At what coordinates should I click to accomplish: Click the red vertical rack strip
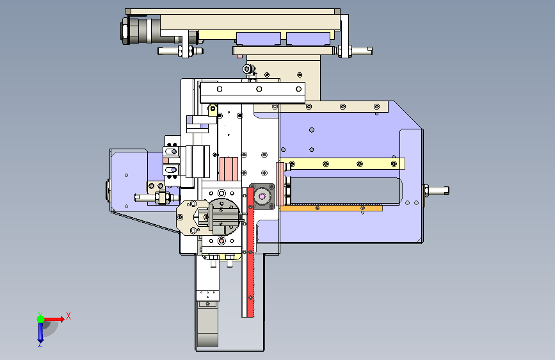250,252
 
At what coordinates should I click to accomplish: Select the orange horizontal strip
330,208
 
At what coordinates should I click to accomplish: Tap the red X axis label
68,316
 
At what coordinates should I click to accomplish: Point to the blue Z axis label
40,344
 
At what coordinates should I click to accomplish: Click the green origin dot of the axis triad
41,319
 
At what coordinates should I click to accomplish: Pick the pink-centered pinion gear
262,197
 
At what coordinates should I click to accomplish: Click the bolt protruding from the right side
436,191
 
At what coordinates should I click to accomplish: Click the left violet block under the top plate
259,38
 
